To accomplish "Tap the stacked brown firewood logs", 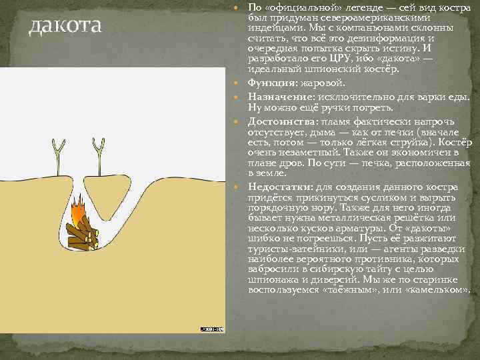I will [x=81, y=233].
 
